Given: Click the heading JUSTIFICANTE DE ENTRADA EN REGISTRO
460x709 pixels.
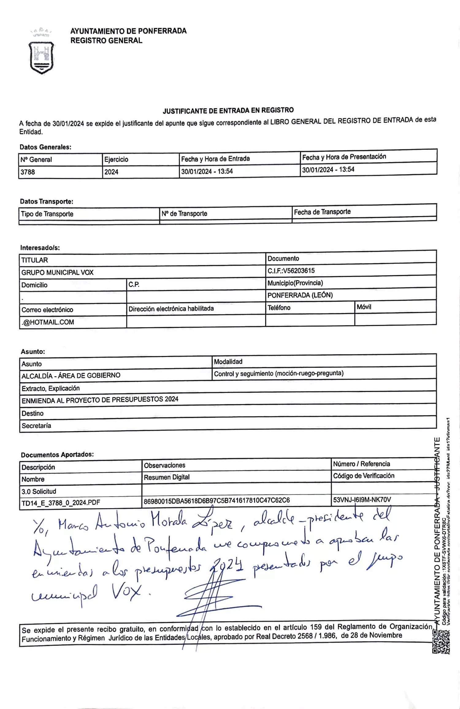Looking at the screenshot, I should [x=228, y=110].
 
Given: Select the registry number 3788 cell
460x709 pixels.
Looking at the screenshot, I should [x=28, y=172].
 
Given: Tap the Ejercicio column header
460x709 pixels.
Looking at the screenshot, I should [x=116, y=160].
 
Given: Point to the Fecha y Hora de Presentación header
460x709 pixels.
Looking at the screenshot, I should [x=344, y=157].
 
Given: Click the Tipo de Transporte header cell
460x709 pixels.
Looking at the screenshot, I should [x=47, y=214].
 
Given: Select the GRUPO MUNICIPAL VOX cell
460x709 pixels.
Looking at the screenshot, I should [x=57, y=272].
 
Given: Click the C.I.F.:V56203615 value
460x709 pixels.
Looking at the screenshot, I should [x=291, y=271].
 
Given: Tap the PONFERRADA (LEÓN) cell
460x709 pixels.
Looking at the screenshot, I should [x=300, y=295].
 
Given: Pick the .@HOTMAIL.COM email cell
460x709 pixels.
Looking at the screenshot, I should [x=48, y=322].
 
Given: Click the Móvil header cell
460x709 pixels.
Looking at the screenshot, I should [x=364, y=307].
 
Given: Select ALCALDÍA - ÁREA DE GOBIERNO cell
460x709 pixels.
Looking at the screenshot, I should [x=71, y=376].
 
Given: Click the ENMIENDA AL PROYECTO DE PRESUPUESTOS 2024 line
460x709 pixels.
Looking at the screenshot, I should [x=100, y=400].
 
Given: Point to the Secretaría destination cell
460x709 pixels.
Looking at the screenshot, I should [x=36, y=426].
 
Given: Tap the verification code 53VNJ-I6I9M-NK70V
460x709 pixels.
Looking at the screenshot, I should [x=362, y=500].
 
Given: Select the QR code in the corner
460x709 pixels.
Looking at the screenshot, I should [x=441, y=642].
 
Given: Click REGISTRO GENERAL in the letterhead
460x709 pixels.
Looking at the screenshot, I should [x=106, y=40].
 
